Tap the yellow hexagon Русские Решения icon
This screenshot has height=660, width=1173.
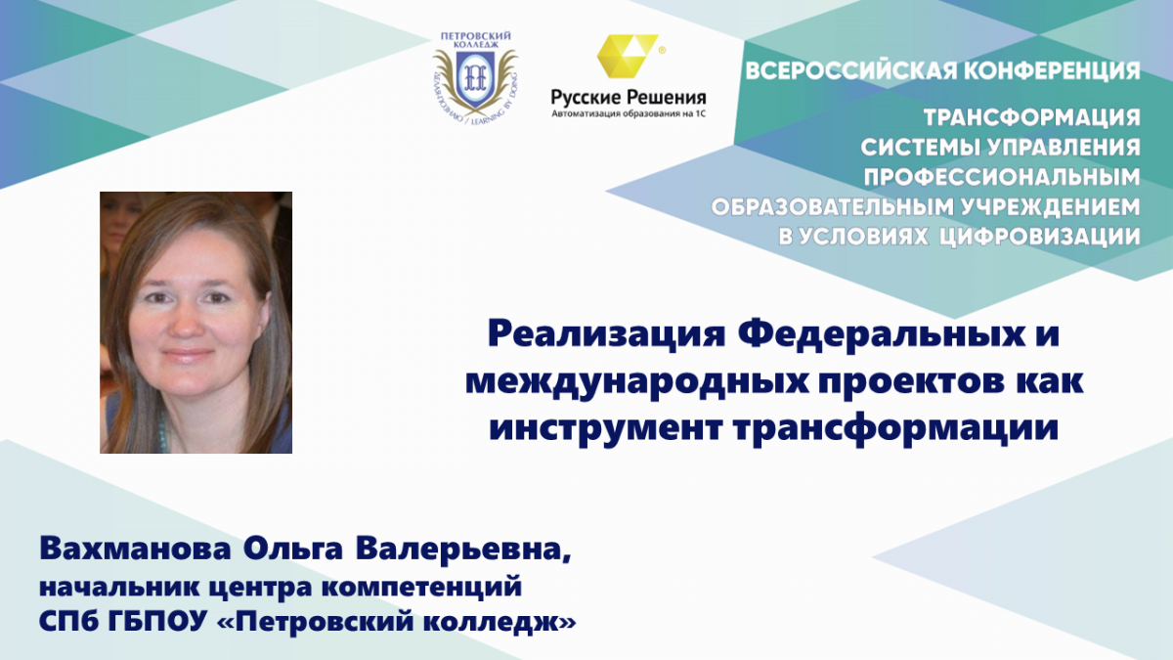pos(628,56)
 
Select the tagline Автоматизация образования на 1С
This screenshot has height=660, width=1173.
pos(629,113)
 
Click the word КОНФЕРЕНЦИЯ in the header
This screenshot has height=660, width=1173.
pos(1052,71)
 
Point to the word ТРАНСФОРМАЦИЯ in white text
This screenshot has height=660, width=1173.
pos(1032,118)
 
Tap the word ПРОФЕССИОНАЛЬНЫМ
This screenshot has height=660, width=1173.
pos(1002,178)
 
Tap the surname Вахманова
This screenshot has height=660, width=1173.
pos(135,549)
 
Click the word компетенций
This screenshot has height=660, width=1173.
pos(421,588)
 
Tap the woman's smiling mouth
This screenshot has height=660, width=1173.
pos(188,356)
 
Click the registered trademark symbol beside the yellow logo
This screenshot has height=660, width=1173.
pos(662,51)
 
